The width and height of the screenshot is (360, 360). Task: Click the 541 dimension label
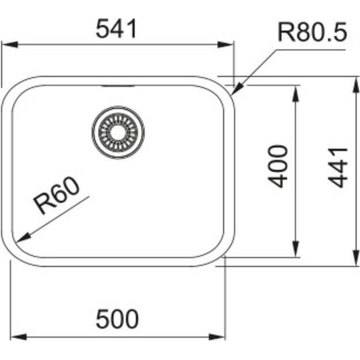pos(118,28)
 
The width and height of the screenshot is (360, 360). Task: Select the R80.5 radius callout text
pos(312,33)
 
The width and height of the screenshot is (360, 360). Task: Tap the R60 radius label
pos(56,196)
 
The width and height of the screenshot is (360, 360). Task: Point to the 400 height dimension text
pos(279,166)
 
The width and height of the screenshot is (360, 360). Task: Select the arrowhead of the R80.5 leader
pos(236,89)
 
